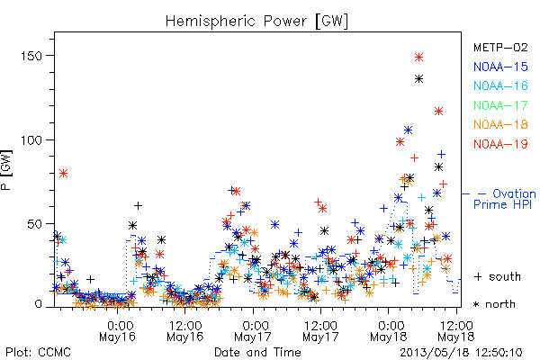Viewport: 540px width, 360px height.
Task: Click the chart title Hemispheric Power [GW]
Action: (x=256, y=22)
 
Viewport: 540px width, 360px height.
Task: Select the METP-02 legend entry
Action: (x=500, y=47)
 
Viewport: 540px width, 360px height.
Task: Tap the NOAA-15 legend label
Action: (x=500, y=67)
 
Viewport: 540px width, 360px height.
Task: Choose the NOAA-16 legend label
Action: (x=500, y=85)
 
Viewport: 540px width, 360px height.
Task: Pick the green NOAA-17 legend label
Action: (x=500, y=105)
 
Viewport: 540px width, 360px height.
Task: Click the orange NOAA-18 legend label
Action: (x=500, y=124)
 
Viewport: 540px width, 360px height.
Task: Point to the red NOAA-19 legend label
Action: (x=500, y=144)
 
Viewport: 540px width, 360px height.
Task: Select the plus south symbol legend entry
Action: (x=498, y=276)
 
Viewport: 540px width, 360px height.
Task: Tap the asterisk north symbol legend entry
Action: (x=494, y=304)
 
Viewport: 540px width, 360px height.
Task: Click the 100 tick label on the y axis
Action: (x=32, y=140)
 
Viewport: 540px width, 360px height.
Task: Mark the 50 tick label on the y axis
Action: (x=34, y=224)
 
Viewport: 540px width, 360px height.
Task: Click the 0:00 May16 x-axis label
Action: (x=117, y=331)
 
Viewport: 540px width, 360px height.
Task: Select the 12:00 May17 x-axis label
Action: (x=320, y=331)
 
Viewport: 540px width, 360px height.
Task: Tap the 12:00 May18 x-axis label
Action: (x=456, y=331)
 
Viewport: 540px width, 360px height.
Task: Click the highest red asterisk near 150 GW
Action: (x=418, y=58)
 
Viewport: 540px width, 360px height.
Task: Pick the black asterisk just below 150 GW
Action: (x=418, y=79)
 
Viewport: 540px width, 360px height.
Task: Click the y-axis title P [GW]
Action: (x=6, y=170)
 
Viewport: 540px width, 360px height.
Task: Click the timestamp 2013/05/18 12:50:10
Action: (x=461, y=353)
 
